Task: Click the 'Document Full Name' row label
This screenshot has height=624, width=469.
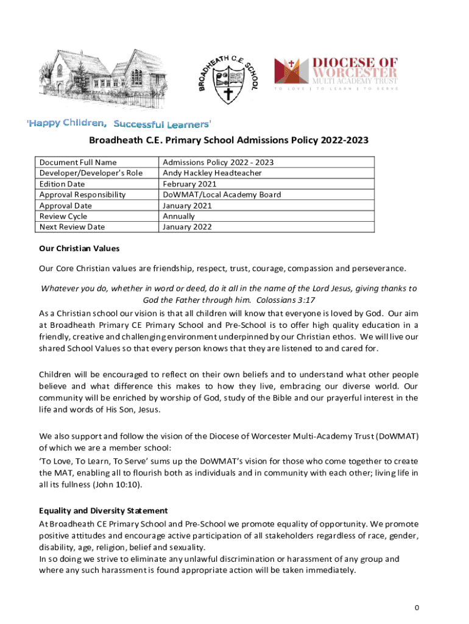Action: (x=78, y=162)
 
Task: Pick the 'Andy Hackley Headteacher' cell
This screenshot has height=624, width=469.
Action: (x=212, y=173)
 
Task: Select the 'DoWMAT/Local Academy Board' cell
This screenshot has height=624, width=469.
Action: (x=222, y=194)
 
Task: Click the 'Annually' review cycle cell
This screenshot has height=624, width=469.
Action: (x=179, y=216)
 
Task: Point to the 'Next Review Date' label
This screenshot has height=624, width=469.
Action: (x=72, y=227)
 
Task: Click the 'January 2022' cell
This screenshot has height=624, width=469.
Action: (x=187, y=227)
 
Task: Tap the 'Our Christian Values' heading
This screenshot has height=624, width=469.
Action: (x=79, y=249)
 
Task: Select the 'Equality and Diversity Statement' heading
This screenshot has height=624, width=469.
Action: (x=104, y=511)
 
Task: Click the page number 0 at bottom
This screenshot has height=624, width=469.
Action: (x=417, y=608)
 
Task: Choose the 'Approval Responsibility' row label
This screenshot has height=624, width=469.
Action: (x=82, y=194)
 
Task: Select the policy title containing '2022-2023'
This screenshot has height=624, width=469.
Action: (x=229, y=141)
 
